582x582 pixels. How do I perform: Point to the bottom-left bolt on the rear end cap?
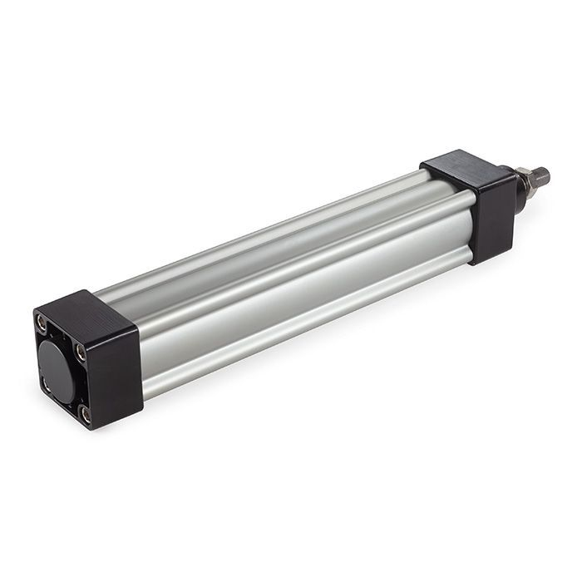46,383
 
